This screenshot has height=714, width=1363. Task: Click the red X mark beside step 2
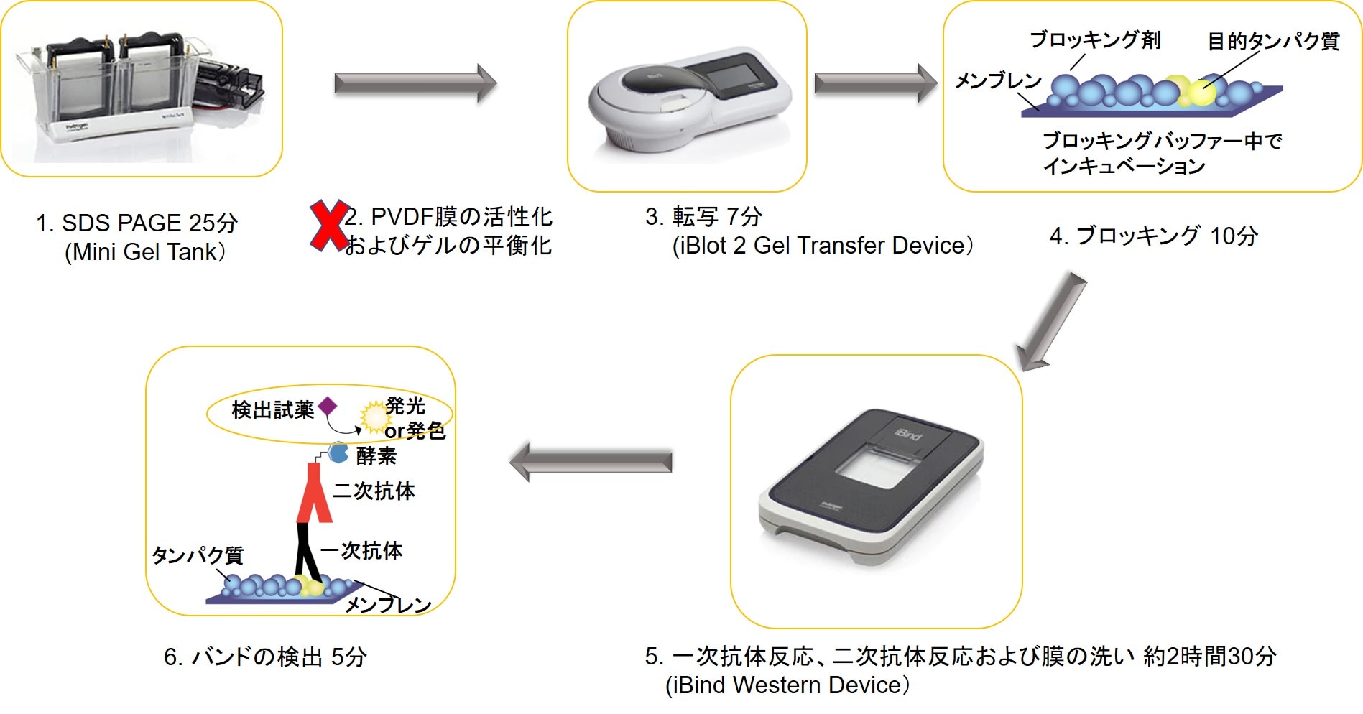click(328, 226)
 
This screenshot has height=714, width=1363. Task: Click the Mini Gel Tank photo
click(140, 88)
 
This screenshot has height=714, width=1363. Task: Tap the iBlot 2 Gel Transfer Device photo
click(688, 96)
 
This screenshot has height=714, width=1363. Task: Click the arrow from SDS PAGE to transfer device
click(415, 83)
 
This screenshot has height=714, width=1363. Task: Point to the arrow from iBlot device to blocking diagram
click(875, 83)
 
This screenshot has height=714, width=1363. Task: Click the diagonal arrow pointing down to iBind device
click(1050, 322)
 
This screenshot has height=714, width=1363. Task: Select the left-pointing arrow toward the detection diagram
click(591, 461)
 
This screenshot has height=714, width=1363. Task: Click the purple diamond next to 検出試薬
click(328, 407)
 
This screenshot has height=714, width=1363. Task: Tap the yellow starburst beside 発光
click(374, 417)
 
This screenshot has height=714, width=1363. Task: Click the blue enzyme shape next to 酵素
click(338, 453)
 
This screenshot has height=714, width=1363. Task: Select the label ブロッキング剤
click(1095, 40)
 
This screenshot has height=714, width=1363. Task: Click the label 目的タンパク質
click(1273, 42)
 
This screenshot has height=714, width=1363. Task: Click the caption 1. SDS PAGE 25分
click(137, 223)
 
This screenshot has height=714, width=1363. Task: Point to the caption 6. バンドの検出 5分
click(265, 657)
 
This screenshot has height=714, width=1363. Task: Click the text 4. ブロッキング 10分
click(1153, 236)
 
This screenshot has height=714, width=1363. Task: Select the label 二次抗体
click(374, 491)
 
